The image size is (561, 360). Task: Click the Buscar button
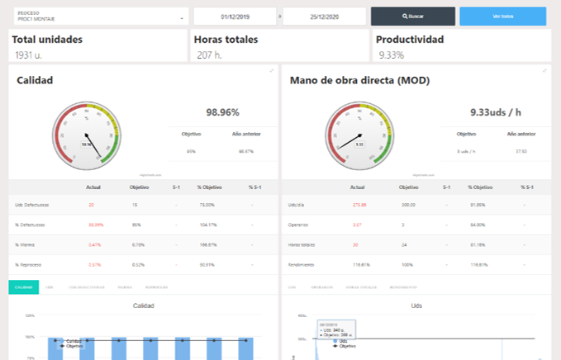point(412,17)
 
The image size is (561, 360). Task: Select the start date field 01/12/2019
point(236,17)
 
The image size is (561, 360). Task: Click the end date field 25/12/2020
point(326,17)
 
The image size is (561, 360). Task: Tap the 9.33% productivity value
point(392,55)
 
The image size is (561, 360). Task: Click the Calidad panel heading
point(35,81)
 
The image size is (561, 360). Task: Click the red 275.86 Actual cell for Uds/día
point(359,204)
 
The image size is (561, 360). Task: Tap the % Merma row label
point(25,244)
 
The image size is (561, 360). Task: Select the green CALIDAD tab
point(22,287)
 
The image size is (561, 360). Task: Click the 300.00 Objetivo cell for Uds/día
point(409,204)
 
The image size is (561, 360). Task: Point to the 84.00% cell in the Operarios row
point(478,225)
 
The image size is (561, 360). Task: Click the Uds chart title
point(416,306)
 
